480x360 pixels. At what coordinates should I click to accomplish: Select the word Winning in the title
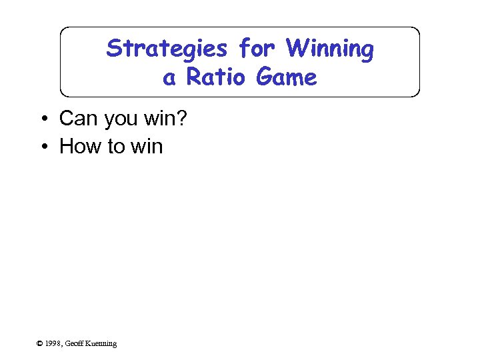(329, 49)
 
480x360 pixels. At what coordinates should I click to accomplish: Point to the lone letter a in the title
(169, 78)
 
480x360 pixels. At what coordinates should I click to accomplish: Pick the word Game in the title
(287, 78)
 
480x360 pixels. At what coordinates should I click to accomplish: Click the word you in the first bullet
(119, 119)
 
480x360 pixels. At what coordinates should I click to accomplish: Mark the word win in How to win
(147, 147)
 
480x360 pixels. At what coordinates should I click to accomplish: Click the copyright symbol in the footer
(39, 343)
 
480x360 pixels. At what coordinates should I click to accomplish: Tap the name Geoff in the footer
(75, 343)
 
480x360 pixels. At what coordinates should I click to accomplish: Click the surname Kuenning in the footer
(102, 343)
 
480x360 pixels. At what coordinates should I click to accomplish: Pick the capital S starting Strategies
(113, 49)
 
